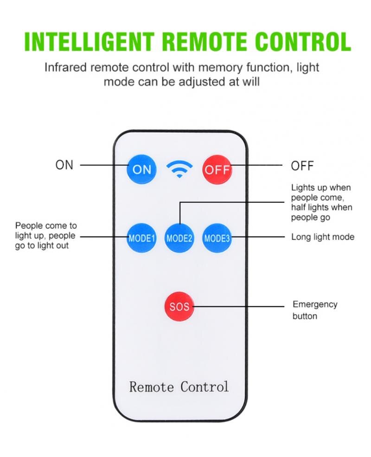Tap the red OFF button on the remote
point(217,169)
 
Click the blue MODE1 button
point(141,238)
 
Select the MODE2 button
point(179,238)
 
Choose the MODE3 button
point(217,238)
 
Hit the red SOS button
point(179,306)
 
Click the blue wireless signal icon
point(179,169)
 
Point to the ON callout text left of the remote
point(64,165)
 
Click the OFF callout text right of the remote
point(302,166)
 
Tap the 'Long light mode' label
point(323,237)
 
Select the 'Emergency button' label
point(315,310)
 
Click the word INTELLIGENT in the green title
point(89,42)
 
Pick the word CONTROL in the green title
point(303,42)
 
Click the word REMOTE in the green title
point(205,42)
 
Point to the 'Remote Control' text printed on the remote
point(179,387)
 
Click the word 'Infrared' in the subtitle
point(66,67)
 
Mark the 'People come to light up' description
point(46,236)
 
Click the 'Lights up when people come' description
point(321,202)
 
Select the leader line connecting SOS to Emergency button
point(238,306)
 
